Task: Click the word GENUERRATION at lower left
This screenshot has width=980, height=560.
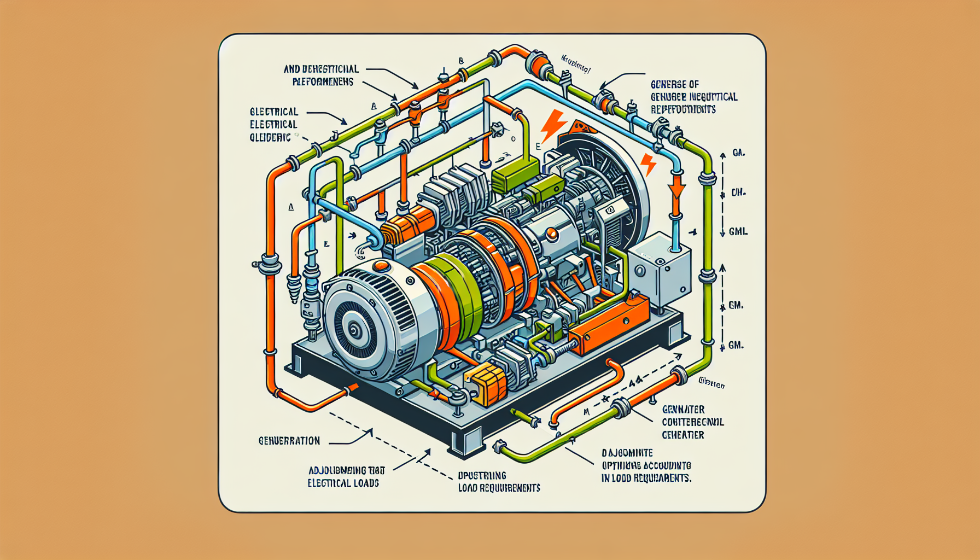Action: tap(289, 441)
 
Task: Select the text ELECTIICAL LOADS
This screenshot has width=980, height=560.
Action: tap(343, 483)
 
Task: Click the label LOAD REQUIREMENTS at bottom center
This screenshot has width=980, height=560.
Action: tap(499, 488)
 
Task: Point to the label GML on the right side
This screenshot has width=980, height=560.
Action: tap(738, 232)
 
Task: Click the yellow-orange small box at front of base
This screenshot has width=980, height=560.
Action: tap(486, 384)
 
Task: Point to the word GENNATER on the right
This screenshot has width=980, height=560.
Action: tap(683, 410)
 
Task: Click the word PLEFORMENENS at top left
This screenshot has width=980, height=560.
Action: tap(323, 82)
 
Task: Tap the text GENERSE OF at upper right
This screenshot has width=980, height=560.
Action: tap(674, 84)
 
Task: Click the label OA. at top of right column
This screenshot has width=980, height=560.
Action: tap(738, 153)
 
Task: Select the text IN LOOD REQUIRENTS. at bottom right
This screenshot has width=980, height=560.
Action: tap(646, 478)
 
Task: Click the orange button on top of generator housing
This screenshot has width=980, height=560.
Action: tap(382, 266)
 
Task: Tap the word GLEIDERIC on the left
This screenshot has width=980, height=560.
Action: tap(270, 138)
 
